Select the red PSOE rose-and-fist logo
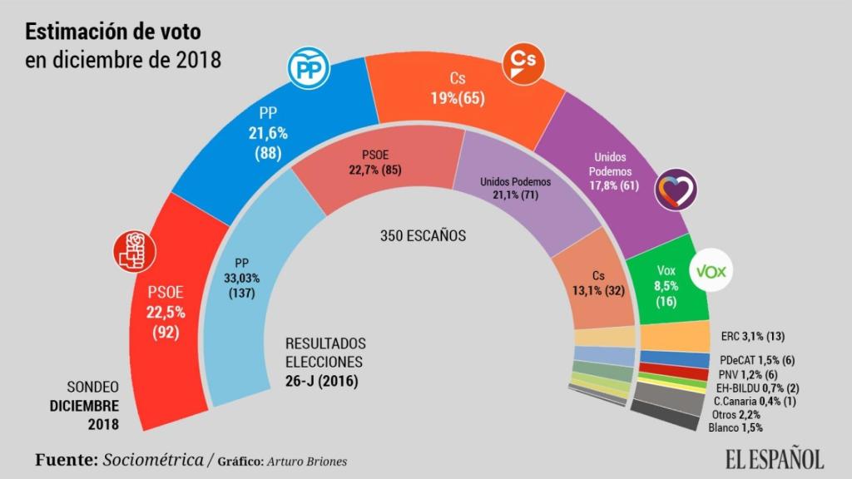pos(134,250)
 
